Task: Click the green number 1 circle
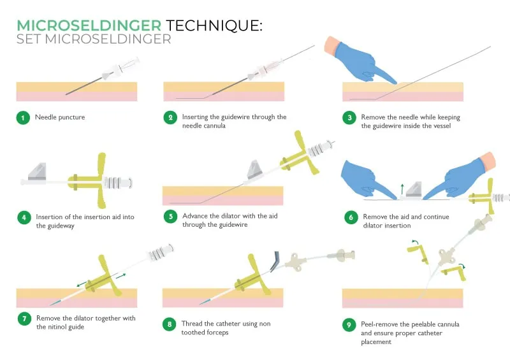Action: click(x=23, y=117)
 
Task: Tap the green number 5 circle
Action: click(x=170, y=217)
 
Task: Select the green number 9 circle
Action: click(x=349, y=325)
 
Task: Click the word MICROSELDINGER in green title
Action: click(x=89, y=25)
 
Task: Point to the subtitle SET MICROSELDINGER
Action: click(x=94, y=40)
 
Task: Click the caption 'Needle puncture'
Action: click(x=60, y=117)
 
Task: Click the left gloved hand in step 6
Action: click(x=367, y=178)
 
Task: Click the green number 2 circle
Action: click(x=170, y=117)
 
